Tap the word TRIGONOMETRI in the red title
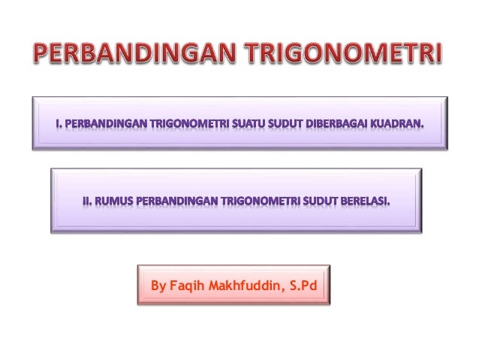tap(345, 53)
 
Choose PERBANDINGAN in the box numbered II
tap(172, 202)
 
